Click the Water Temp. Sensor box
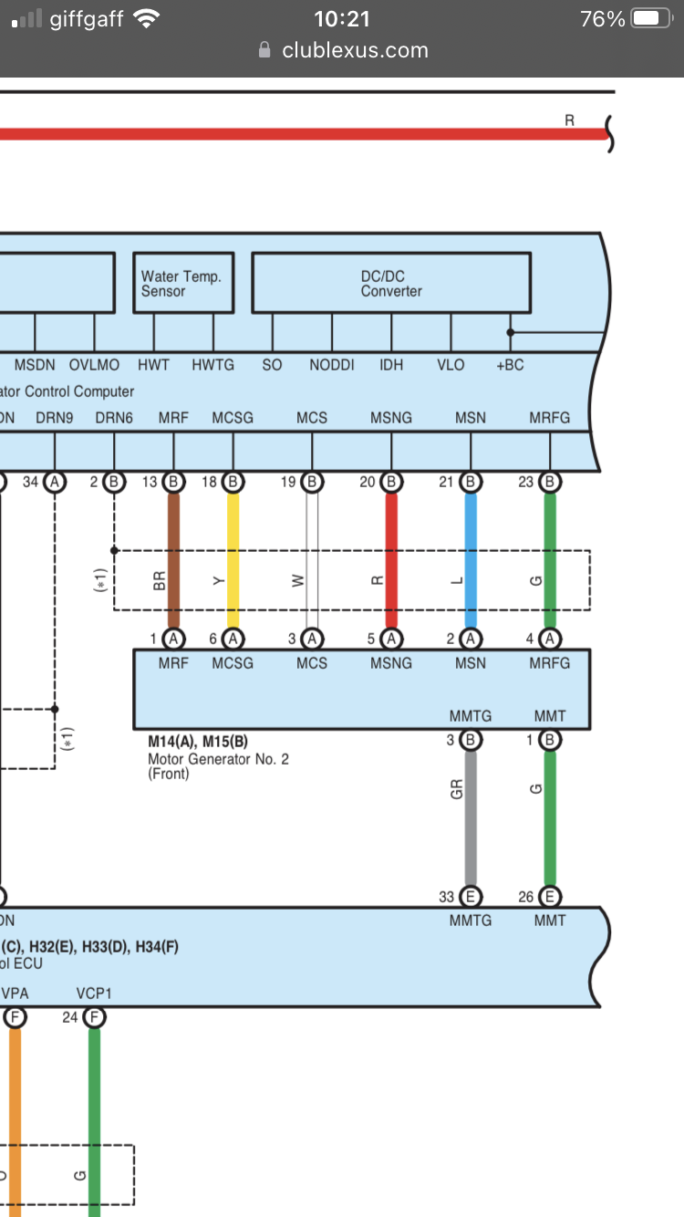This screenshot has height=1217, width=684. [183, 283]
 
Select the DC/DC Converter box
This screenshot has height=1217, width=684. [390, 283]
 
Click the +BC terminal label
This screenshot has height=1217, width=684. [510, 365]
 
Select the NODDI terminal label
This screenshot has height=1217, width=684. [332, 365]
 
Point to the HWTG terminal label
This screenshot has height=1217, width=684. [212, 365]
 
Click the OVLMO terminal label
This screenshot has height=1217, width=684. [94, 365]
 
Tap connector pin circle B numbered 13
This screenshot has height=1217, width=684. [173, 482]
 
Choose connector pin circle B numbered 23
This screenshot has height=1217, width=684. [550, 482]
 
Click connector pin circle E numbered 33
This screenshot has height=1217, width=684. [471, 897]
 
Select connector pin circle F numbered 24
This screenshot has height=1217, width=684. [94, 1017]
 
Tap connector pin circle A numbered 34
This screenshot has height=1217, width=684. [55, 482]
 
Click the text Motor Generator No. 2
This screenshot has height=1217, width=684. [218, 758]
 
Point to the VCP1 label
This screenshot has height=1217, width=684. [94, 993]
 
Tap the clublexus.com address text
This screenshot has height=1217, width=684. [355, 50]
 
